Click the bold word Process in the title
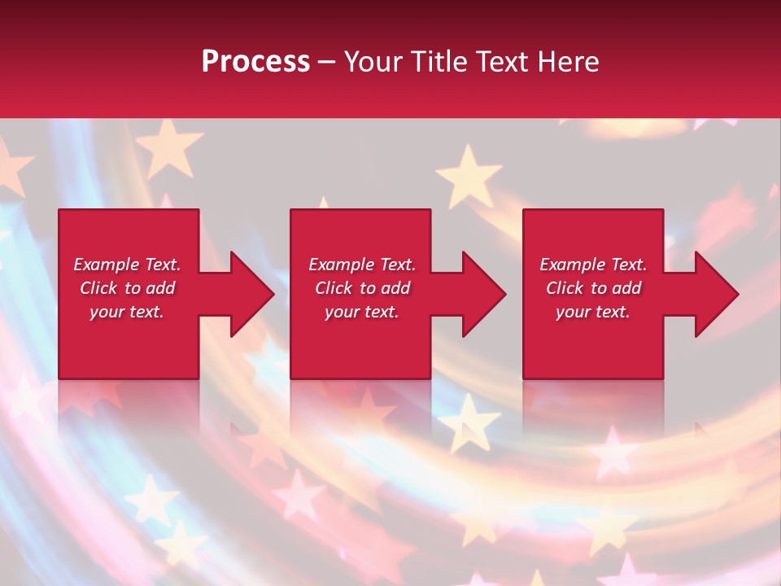[x=255, y=62]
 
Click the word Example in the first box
[x=107, y=265]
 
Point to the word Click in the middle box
[x=333, y=288]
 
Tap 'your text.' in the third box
[x=592, y=312]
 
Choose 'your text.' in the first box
[x=127, y=312]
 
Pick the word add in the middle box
[x=395, y=288]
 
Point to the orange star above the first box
[x=168, y=146]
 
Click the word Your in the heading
[x=373, y=62]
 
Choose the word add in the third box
[x=626, y=288]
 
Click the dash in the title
[x=326, y=63]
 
